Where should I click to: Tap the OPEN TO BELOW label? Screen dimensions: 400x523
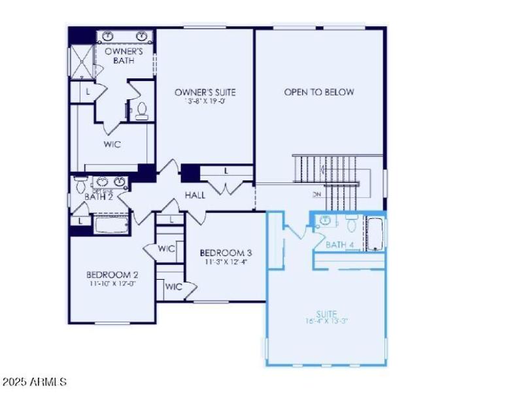coord(319,92)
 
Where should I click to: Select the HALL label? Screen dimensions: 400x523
coord(195,195)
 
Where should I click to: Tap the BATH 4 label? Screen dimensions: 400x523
coord(340,244)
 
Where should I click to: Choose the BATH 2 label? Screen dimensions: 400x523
coord(99,196)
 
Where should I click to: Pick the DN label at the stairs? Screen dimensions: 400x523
coord(317,194)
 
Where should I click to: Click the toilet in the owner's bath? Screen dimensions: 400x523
coord(142,112)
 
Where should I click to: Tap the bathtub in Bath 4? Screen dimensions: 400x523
coord(375,235)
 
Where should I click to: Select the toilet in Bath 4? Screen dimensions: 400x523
coord(351,225)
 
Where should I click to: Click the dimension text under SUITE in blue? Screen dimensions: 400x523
coord(327,321)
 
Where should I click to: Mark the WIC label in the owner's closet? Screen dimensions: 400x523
coord(112,144)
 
